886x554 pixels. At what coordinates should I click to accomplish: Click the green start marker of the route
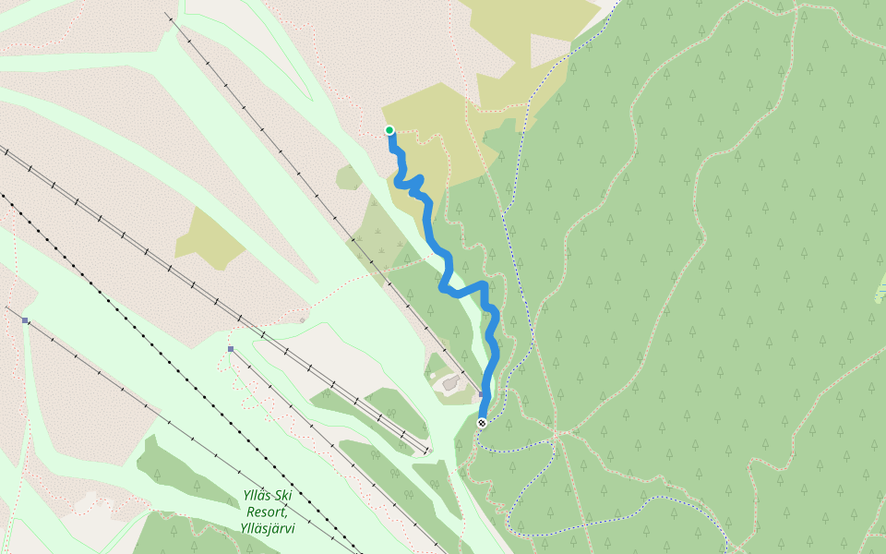[x=389, y=130]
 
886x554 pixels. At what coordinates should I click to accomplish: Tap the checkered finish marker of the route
[x=482, y=423]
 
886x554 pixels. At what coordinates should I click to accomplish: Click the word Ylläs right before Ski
[x=258, y=496]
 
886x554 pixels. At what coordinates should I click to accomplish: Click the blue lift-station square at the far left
[x=25, y=320]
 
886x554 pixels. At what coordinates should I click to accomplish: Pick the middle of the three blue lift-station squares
[x=231, y=349]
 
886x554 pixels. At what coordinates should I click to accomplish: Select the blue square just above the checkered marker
[x=481, y=394]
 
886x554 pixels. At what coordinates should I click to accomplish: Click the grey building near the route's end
[x=449, y=381]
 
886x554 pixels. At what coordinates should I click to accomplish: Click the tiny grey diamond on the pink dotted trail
[x=302, y=320]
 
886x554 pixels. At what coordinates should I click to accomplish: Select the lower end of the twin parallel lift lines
[x=426, y=452]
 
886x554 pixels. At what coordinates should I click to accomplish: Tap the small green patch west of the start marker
[x=350, y=177]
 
